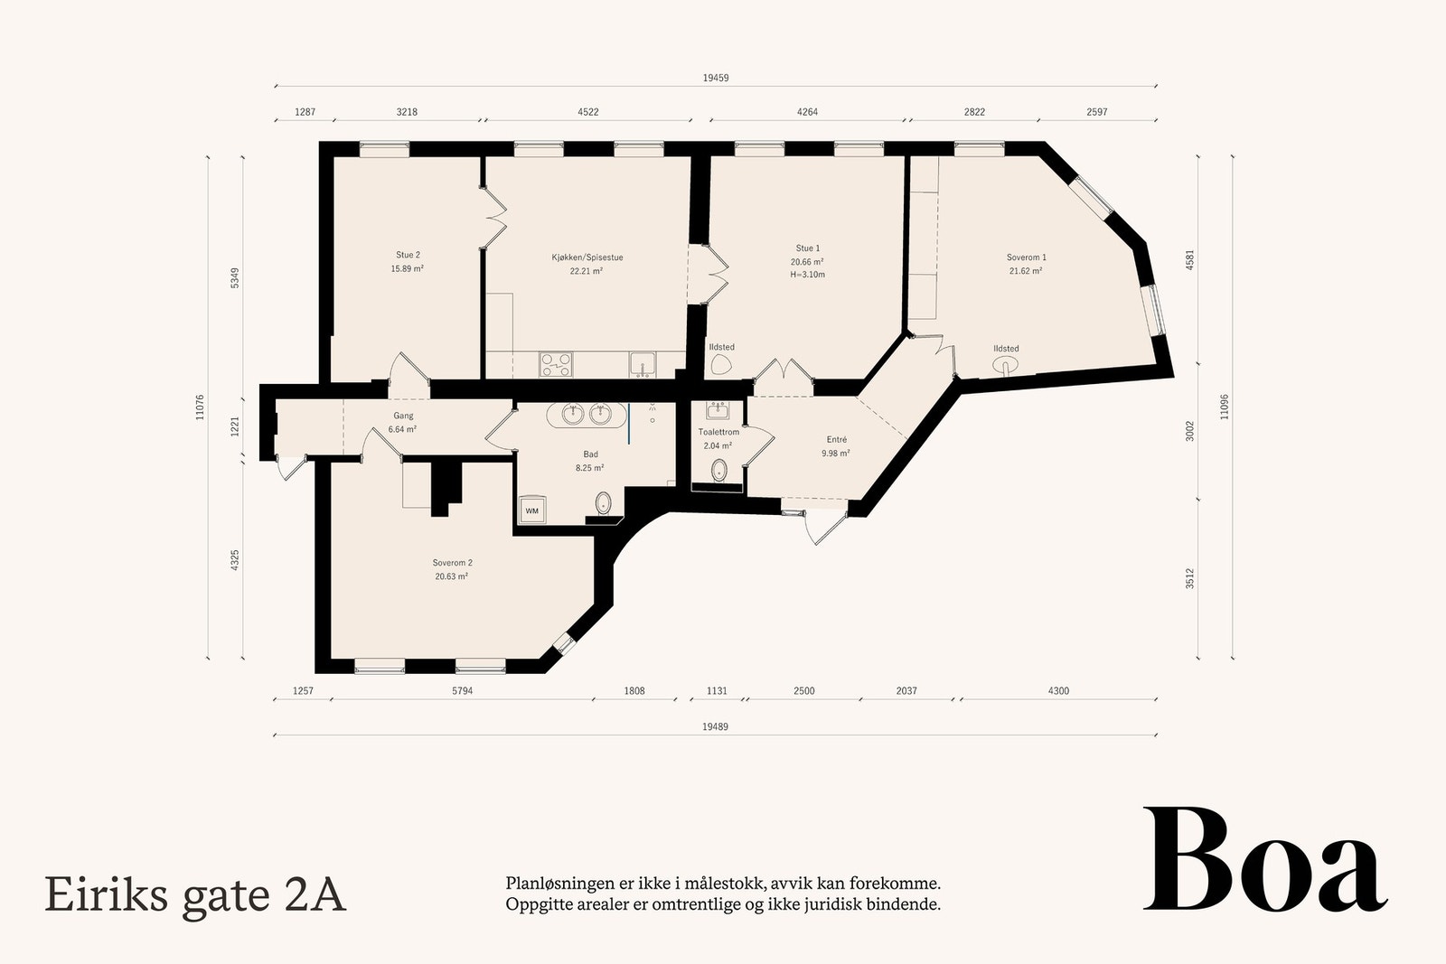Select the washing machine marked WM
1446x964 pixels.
[531, 511]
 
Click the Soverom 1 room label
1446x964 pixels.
[1026, 257]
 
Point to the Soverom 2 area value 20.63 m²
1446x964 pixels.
[451, 576]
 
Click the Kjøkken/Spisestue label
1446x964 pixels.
[587, 257]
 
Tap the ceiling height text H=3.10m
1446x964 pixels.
[807, 275]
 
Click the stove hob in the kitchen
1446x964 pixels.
[556, 364]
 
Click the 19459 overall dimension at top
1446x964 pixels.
[715, 78]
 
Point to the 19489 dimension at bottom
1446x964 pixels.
[715, 726]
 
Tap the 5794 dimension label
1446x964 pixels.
[462, 691]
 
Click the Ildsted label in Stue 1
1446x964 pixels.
[721, 347]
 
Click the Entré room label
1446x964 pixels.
[835, 440]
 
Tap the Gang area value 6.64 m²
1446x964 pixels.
[402, 429]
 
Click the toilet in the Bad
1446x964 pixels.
[604, 502]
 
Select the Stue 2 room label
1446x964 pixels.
[408, 255]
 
